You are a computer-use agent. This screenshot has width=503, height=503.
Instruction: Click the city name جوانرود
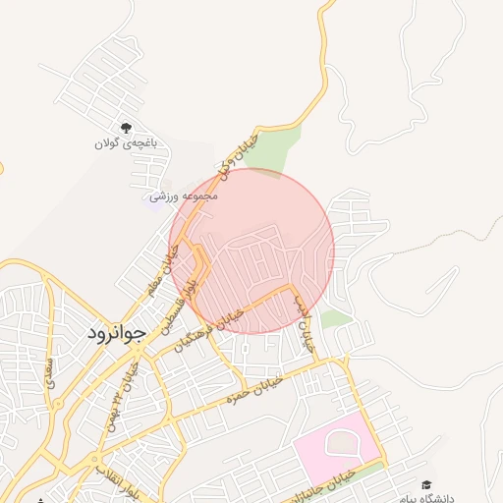[x=116, y=332]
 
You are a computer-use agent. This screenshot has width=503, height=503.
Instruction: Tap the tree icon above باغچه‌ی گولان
[x=126, y=128]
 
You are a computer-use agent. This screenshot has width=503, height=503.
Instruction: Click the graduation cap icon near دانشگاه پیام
[x=426, y=484]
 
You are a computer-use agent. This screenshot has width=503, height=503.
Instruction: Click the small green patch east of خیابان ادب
[x=336, y=318]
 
